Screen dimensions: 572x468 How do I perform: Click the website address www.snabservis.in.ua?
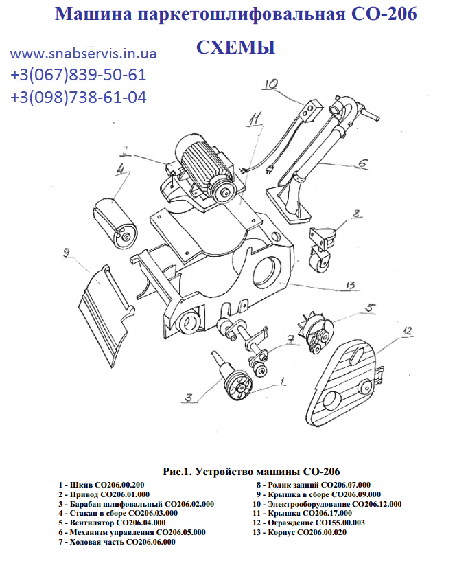(x=83, y=54)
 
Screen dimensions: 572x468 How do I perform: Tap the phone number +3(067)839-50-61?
(x=78, y=76)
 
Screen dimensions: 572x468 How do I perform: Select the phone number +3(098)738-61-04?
(x=78, y=98)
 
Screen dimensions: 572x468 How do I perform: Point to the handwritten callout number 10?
(x=269, y=85)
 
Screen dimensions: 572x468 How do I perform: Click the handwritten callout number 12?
(x=407, y=331)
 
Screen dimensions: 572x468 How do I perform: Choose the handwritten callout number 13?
(x=349, y=285)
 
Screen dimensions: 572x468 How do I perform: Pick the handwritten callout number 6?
(x=362, y=163)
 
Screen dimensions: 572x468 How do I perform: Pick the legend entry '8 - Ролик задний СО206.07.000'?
(x=313, y=485)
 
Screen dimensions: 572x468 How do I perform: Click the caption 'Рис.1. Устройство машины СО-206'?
(x=251, y=472)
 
